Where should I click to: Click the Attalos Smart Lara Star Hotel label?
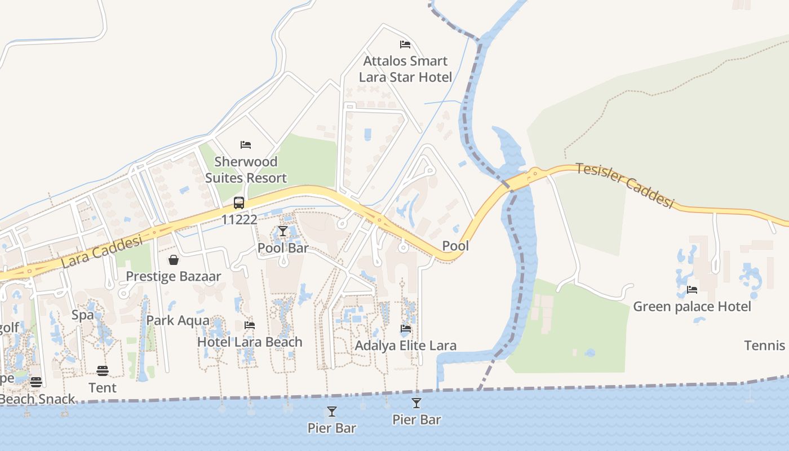405,69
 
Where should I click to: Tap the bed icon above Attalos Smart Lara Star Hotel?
405,44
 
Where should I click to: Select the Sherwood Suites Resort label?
246,170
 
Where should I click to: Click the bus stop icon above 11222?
239,203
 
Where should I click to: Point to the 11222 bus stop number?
239,219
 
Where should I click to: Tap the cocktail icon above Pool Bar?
283,231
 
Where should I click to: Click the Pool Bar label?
283,247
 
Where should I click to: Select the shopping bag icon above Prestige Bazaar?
174,260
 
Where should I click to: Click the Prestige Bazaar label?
174,276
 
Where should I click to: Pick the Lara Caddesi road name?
101,251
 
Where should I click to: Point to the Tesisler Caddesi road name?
624,185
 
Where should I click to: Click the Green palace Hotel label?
692,307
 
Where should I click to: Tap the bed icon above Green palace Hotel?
692,290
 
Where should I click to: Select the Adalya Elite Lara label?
406,346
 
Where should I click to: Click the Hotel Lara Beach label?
250,342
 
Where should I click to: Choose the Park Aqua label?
178,321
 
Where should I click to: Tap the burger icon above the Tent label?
102,370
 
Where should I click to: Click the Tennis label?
765,346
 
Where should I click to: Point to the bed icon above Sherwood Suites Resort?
246,145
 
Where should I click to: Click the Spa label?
82,315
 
